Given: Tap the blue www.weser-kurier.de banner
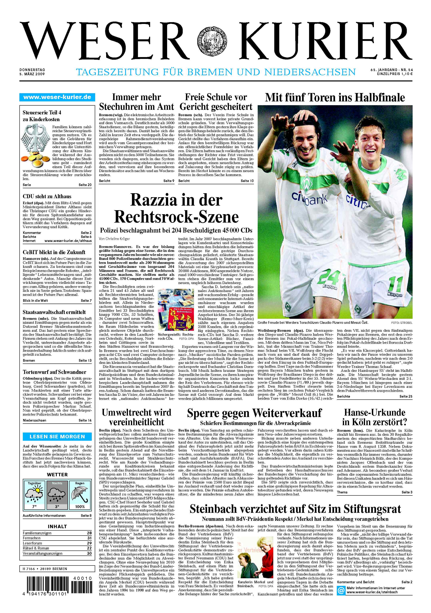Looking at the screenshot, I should (57, 97).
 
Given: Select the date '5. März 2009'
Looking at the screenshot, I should (32, 74).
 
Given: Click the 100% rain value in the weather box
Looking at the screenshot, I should (80, 506).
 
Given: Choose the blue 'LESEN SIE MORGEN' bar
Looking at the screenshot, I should (57, 437).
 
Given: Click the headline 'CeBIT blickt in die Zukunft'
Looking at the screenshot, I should (54, 252).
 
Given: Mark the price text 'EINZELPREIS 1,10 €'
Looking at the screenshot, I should (395, 74).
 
